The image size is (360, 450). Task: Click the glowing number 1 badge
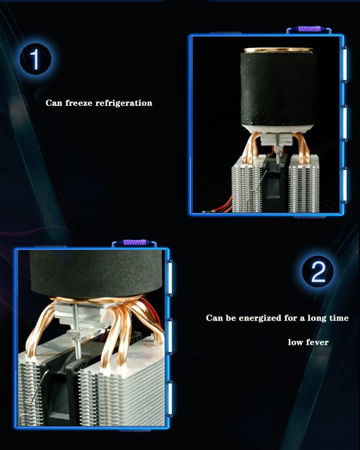35,59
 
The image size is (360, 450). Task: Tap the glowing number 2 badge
318,271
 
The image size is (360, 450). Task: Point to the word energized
260,318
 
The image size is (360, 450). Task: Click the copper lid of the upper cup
278,50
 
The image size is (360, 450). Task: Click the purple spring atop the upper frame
309,29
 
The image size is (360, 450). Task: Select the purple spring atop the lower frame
135,242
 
